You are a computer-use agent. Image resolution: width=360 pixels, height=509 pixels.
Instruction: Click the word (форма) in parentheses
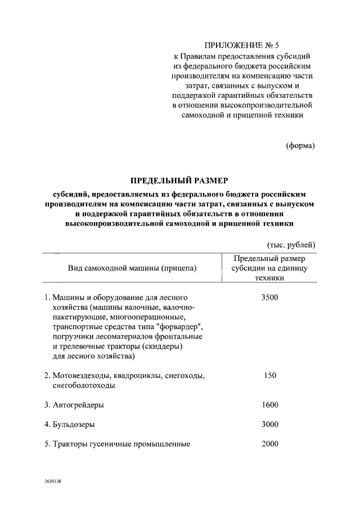click(301, 145)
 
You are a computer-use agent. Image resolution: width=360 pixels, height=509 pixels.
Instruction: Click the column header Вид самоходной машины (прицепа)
click(133, 268)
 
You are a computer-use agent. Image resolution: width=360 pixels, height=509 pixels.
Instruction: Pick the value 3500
click(270, 297)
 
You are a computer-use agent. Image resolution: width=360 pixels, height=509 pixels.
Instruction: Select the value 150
click(270, 375)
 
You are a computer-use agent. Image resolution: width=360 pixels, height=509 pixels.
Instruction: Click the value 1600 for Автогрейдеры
click(270, 404)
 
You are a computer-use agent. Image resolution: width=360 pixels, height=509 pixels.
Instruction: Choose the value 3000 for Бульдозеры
click(270, 424)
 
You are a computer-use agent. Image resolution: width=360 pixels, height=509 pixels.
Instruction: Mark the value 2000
click(270, 444)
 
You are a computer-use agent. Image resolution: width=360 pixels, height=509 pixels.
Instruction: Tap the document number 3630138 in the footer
click(53, 483)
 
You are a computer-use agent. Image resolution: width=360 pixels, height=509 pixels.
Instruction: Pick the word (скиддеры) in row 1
click(164, 346)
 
